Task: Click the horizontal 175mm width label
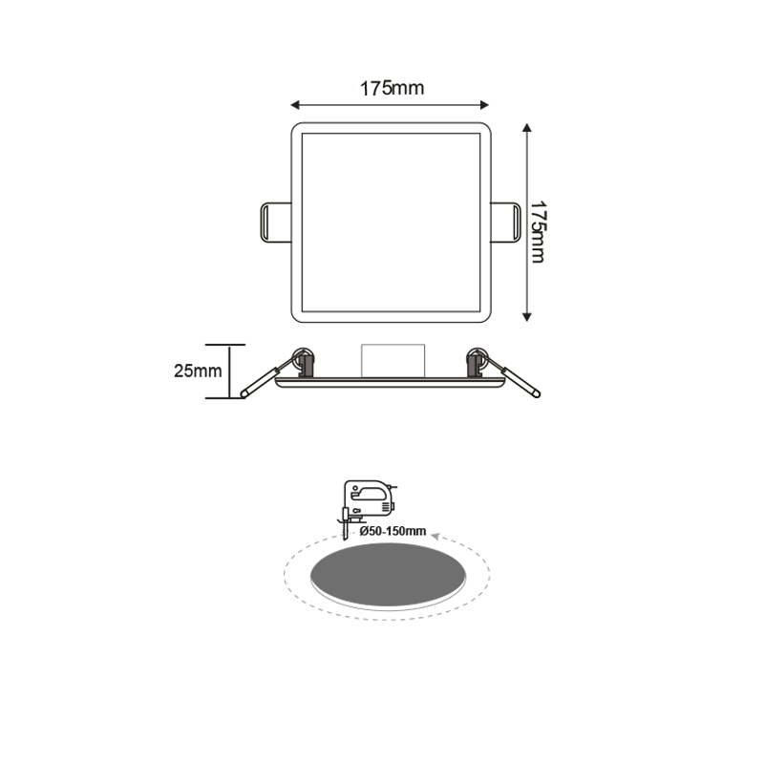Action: coord(392,89)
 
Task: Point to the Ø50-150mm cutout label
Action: coord(393,529)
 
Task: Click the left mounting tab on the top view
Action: coord(274,221)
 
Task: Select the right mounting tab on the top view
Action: coord(506,221)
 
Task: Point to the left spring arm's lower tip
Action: coord(245,393)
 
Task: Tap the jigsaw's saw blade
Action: coord(345,526)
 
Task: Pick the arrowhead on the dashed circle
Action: coord(436,539)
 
